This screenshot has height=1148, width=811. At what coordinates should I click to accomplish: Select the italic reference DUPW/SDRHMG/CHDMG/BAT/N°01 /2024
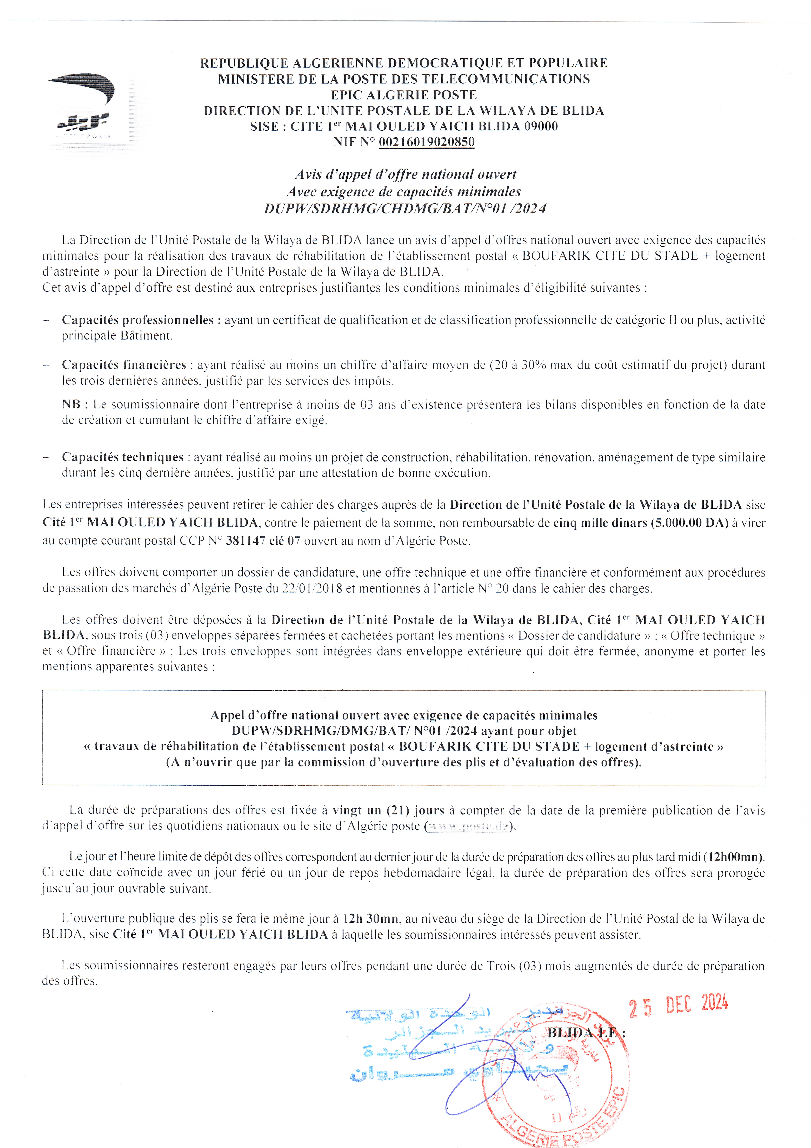tap(405, 208)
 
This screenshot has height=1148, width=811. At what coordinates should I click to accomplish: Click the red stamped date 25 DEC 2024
tap(678, 1005)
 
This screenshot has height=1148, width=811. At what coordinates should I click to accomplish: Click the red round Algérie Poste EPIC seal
tap(555, 1080)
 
